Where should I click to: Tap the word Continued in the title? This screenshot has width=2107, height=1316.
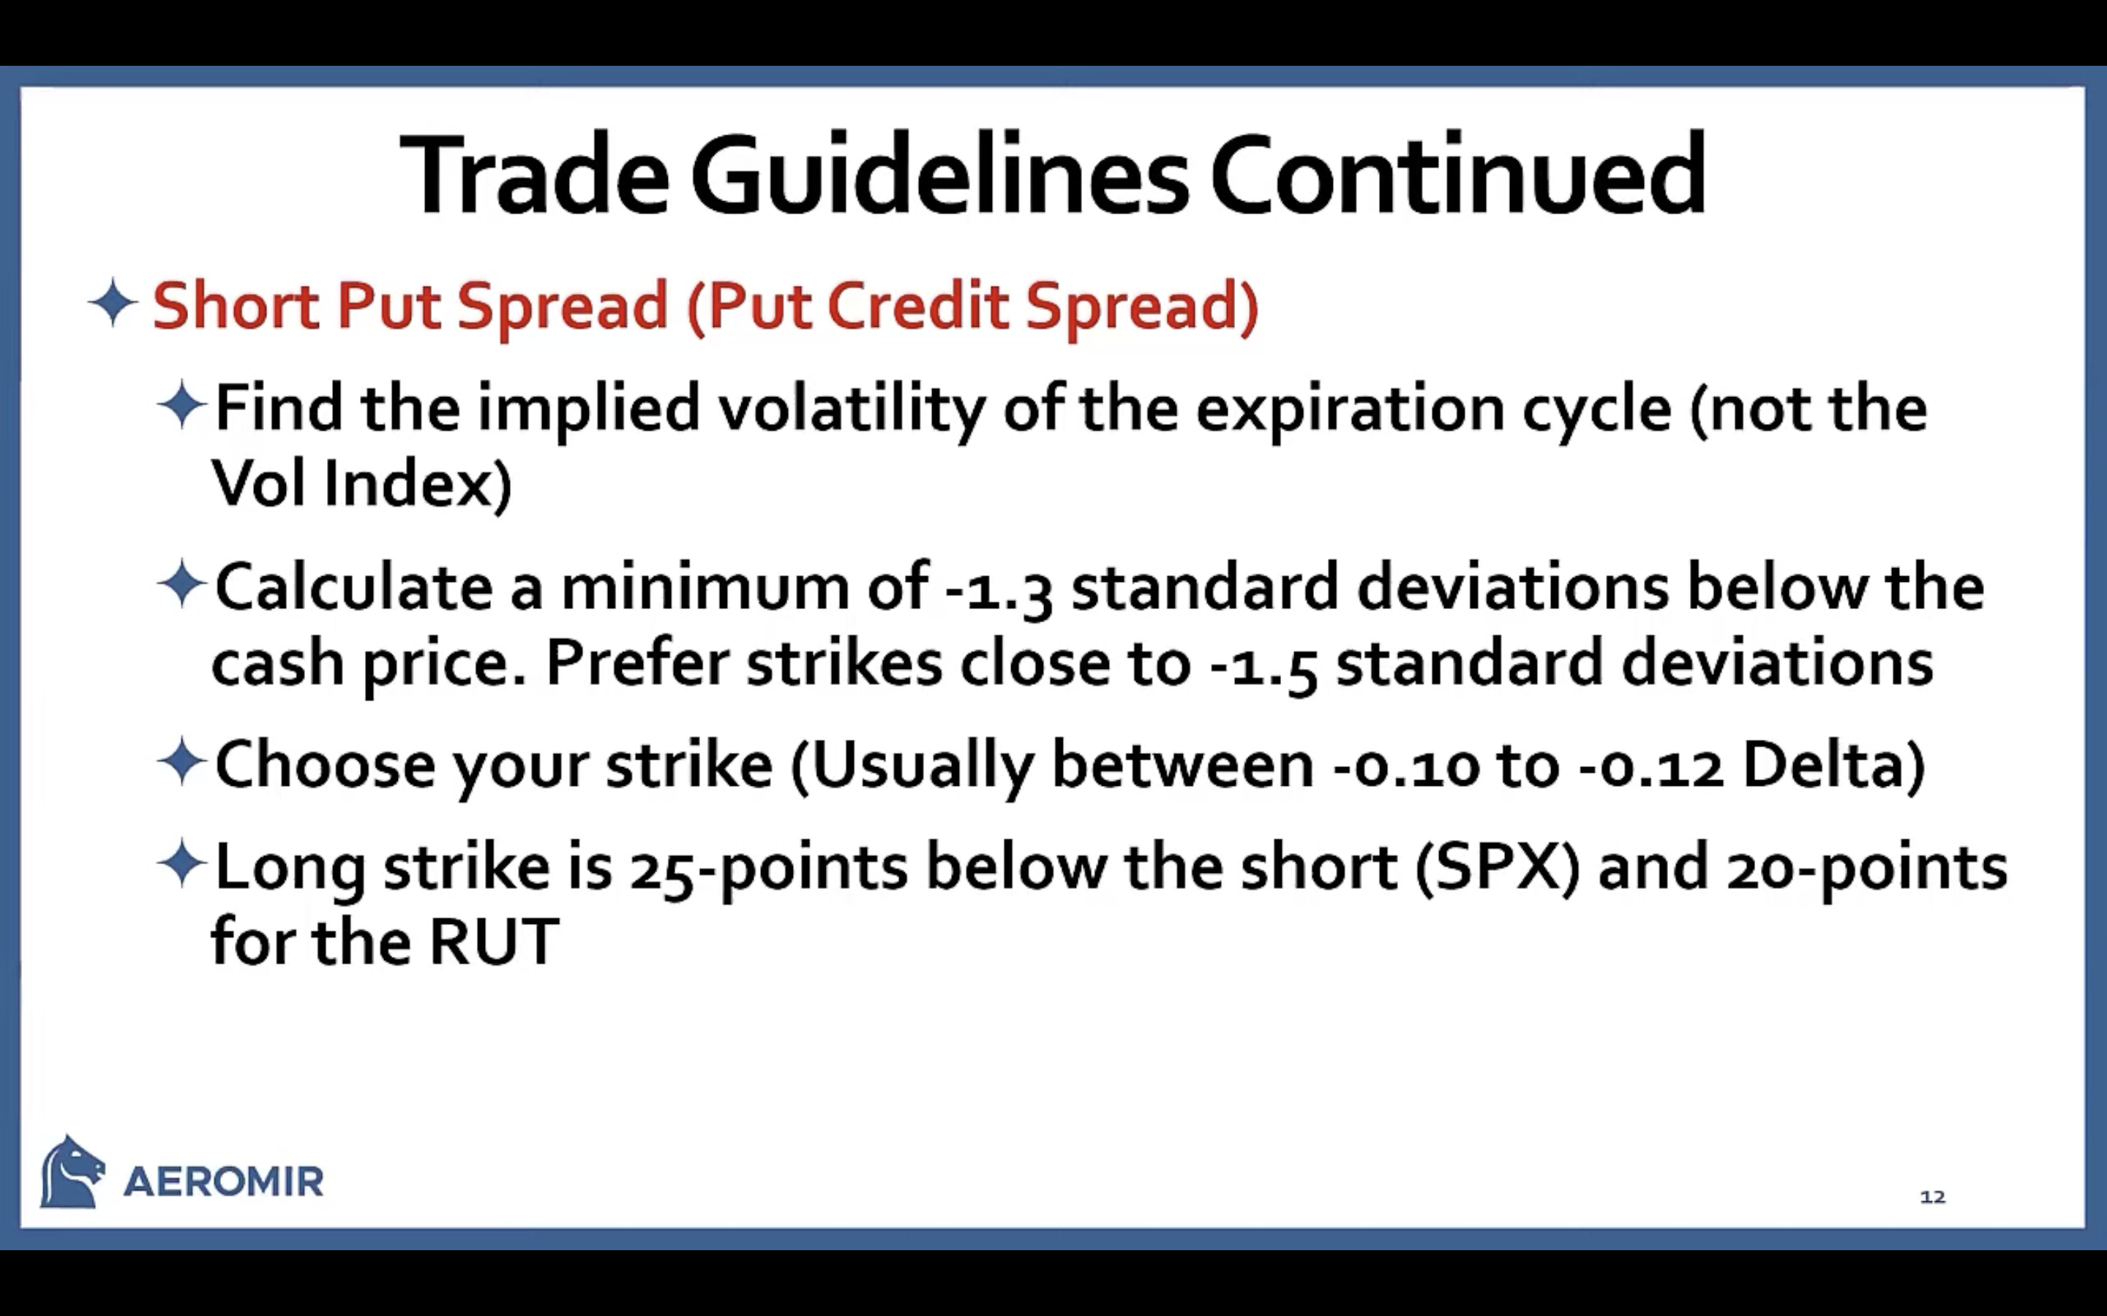[1457, 174]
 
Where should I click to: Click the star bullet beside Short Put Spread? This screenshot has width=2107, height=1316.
[113, 303]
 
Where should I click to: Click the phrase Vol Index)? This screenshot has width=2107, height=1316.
[361, 483]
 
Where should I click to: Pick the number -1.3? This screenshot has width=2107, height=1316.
[999, 589]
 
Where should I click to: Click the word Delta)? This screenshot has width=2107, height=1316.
[1833, 767]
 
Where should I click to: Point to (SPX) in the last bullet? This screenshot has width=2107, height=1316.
[1497, 868]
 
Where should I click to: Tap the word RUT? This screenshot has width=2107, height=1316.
[494, 942]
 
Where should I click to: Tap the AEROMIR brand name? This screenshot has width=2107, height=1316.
[223, 1182]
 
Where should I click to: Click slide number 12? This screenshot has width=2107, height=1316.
[1932, 1197]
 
